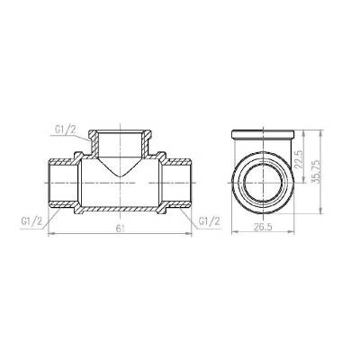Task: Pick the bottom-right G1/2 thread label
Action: (x=209, y=220)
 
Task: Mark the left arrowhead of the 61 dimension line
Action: (x=49, y=234)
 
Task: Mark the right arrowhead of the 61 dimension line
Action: (x=190, y=234)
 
